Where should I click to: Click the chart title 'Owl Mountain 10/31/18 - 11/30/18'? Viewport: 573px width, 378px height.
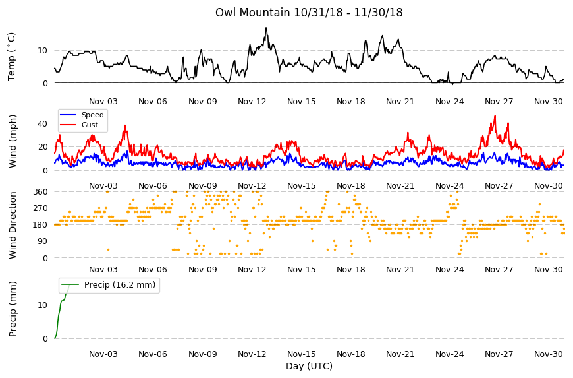309,13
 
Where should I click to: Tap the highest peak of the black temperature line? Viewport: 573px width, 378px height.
266,28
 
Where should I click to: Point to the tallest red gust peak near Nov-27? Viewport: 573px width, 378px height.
495,116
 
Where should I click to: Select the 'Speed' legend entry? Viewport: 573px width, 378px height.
92,115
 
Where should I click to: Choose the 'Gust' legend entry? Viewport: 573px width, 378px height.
90,125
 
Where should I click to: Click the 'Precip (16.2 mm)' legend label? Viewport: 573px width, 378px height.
120,285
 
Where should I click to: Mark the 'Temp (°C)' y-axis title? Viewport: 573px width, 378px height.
12,57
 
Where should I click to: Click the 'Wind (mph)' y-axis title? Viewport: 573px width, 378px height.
13,141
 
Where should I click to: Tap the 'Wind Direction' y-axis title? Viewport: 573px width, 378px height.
13,226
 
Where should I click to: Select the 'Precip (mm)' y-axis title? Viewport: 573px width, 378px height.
13,309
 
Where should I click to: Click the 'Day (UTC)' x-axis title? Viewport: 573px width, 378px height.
309,366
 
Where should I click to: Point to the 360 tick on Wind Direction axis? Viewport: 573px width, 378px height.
40,192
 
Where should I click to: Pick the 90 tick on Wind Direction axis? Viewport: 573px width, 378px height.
43,241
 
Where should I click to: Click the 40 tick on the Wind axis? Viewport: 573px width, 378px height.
42,123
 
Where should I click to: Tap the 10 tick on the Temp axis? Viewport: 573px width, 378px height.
42,51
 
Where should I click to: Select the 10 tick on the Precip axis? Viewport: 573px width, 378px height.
42,305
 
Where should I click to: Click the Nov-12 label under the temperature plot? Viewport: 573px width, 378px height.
252,102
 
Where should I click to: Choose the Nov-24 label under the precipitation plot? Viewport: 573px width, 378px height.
449,354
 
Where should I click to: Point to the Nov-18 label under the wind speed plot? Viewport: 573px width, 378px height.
351,186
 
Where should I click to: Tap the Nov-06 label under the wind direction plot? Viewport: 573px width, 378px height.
153,270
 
